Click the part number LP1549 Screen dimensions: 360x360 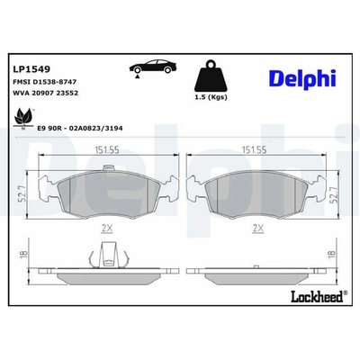(31, 69)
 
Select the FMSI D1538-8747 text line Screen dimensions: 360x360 (45, 82)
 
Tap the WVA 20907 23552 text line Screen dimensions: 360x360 (45, 93)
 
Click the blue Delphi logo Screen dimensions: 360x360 (302, 78)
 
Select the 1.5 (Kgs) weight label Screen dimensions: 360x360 (211, 97)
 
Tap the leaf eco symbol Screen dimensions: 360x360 (23, 118)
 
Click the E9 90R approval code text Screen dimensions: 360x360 (80, 128)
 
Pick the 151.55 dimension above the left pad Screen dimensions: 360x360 (107, 150)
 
